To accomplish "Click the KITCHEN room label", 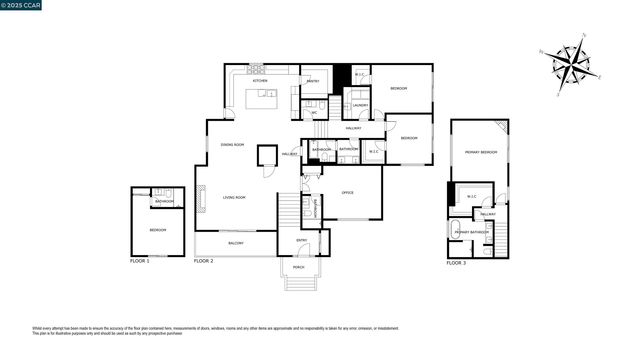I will pos(259,81).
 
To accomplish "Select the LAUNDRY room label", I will pos(360,105).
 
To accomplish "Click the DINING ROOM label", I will pos(233,145).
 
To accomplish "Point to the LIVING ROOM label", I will pos(234,197).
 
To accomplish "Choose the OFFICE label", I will pos(348,192).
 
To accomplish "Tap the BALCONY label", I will pos(236,243).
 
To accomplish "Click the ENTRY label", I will pos(302,240).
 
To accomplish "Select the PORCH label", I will pos(299,268).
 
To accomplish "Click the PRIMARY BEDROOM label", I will pos(480,152).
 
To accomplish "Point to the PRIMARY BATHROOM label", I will pos(471,232).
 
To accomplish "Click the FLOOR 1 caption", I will pos(140,261).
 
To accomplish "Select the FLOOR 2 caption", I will pos(204,261).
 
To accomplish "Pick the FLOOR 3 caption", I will pos(456,262).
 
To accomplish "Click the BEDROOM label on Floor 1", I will pos(158,230).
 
